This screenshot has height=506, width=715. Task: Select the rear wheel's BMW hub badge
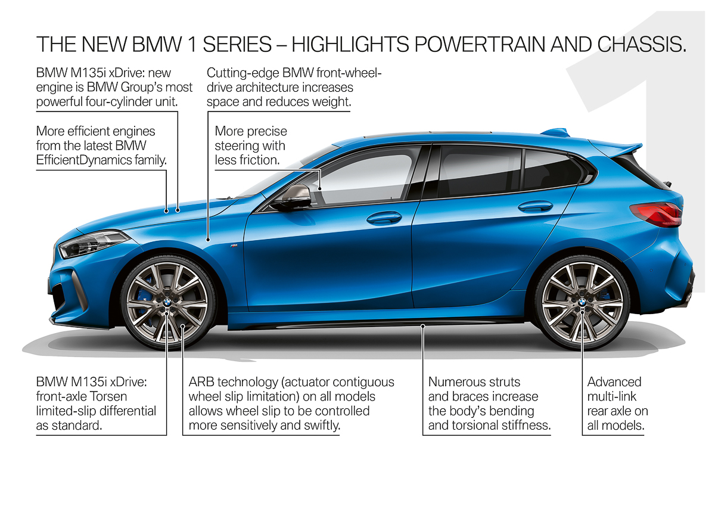(582, 303)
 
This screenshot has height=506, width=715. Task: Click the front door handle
(384, 218)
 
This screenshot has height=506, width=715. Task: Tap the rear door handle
(535, 206)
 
